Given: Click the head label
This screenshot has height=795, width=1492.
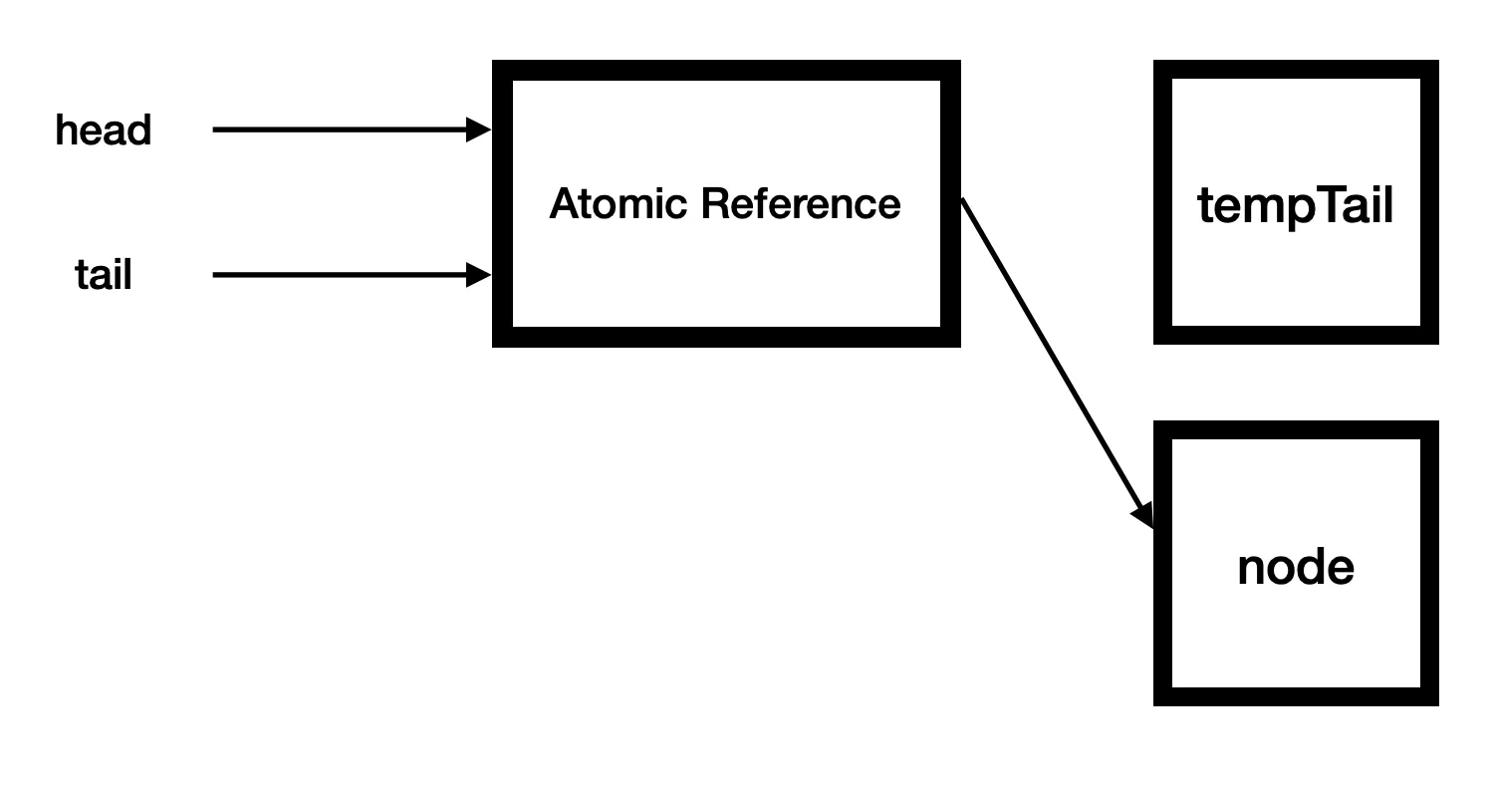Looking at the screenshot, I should [x=103, y=131].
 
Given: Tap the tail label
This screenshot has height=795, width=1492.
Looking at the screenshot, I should [x=103, y=275].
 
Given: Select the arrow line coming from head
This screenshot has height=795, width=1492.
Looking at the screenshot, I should [x=339, y=130].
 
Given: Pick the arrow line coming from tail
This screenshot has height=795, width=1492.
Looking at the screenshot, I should [x=339, y=275].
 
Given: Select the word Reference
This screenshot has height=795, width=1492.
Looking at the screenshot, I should [x=801, y=204].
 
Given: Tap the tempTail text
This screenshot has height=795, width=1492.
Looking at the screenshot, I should [x=1295, y=206].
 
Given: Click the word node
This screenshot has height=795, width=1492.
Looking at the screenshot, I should [x=1295, y=568].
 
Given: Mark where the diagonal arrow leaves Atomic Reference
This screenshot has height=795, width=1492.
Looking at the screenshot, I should [x=963, y=200].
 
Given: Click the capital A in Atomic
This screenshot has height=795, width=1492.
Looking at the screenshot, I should [x=564, y=204].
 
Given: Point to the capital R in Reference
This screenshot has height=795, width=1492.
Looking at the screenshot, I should [x=713, y=204].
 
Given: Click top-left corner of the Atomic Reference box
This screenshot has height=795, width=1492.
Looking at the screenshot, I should [x=495, y=63].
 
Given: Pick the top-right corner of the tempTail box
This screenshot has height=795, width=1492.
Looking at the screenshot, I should [x=1436, y=63].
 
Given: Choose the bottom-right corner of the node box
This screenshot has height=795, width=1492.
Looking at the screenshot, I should [x=1436, y=703].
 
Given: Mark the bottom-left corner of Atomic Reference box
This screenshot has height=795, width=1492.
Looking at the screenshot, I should [x=495, y=345].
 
